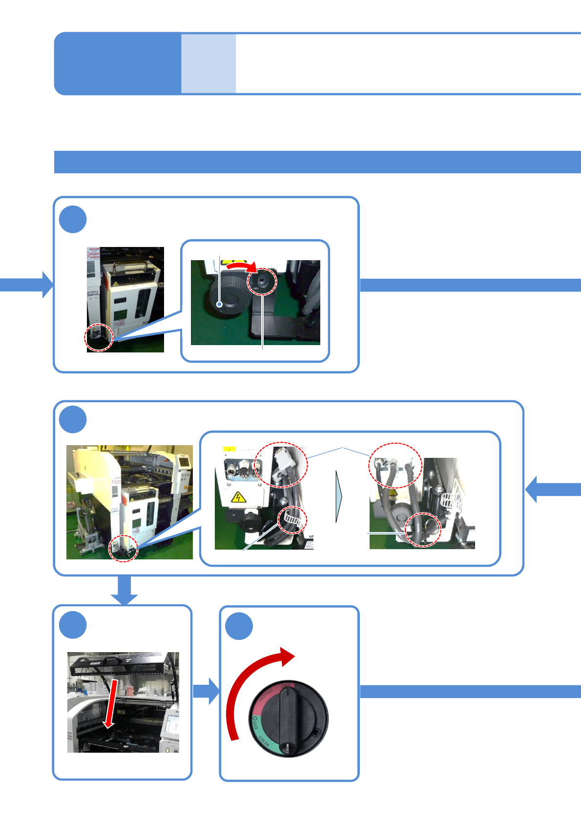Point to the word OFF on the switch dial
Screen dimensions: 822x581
[255, 723]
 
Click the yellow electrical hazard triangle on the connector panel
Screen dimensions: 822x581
[238, 498]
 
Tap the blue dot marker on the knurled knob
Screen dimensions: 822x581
[220, 304]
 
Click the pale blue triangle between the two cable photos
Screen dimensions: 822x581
[339, 496]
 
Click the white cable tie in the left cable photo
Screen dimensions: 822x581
[292, 521]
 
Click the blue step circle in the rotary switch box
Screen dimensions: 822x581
[239, 626]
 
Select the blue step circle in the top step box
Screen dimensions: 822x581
[73, 219]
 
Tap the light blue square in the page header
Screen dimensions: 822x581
[208, 63]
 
